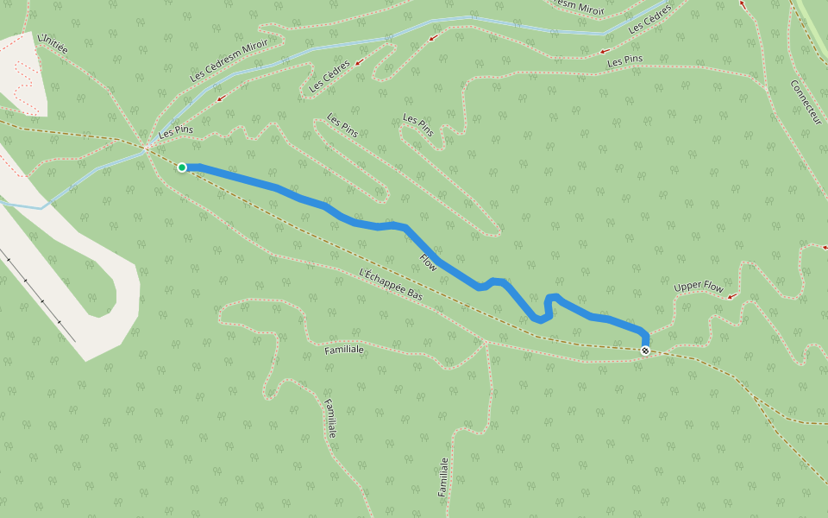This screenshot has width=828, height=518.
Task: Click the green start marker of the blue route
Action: point(182,167)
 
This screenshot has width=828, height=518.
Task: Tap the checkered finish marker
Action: point(645,351)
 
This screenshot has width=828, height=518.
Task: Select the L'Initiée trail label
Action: point(53,45)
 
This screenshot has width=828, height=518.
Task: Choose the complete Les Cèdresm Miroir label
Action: point(229,60)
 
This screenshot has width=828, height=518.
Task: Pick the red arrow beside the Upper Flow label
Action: point(732,296)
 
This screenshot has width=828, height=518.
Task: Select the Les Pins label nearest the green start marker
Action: point(174,132)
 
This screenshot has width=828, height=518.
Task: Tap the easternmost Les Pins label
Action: point(625,61)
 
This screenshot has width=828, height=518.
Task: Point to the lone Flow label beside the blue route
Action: point(429,262)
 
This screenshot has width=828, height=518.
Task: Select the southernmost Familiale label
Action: point(443,477)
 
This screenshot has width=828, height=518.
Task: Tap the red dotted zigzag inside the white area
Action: point(26,82)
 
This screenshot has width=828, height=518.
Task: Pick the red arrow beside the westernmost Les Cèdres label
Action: point(357,62)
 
